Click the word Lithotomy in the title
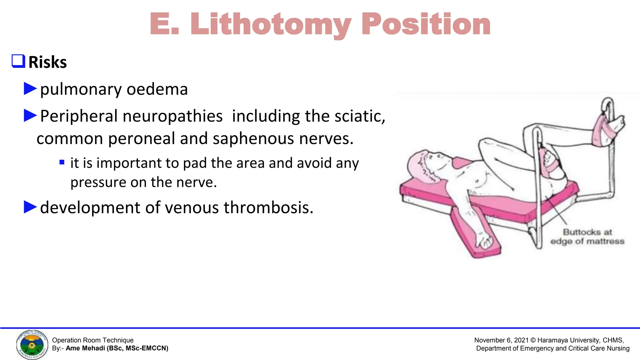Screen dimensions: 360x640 (x=271, y=24)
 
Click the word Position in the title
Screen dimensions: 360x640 (x=426, y=24)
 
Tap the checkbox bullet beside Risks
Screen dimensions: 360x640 (x=18, y=61)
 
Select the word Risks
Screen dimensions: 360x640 (x=47, y=62)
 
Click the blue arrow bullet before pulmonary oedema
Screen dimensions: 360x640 (x=30, y=89)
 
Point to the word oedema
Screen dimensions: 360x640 (x=157, y=89)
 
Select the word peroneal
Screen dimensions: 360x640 (x=142, y=138)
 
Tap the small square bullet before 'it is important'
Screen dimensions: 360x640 (x=62, y=162)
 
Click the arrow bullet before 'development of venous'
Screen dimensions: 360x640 (x=30, y=207)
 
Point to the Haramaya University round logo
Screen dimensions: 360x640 (x=32, y=345)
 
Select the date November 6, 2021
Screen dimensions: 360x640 (x=501, y=340)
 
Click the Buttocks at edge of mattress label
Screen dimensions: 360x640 (x=587, y=237)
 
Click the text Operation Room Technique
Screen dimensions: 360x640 (x=92, y=340)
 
